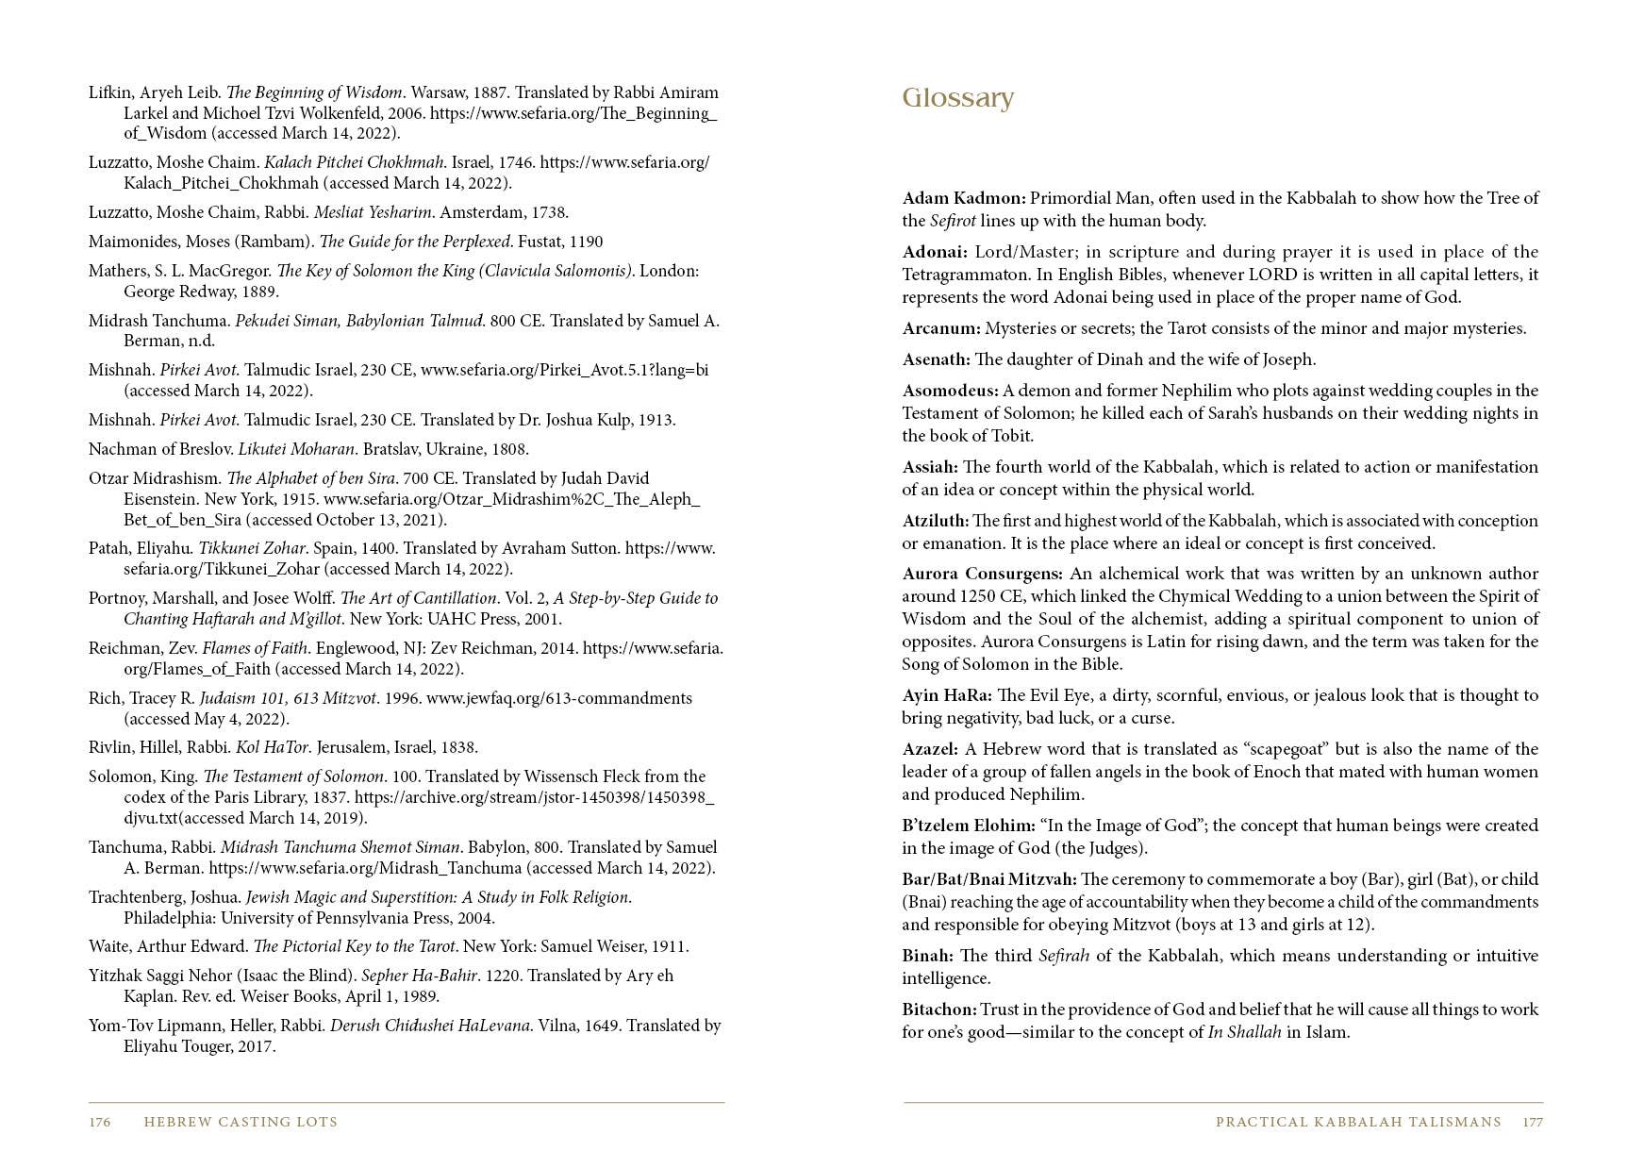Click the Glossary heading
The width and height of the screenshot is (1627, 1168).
point(957,98)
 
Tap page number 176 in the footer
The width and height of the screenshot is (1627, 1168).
point(100,1122)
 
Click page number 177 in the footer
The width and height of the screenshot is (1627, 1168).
point(1533,1122)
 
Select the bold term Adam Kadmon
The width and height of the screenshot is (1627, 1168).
point(963,198)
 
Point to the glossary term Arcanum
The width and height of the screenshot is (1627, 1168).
point(940,328)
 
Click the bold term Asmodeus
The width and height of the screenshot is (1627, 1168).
point(950,391)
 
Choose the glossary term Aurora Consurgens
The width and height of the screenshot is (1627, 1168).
point(982,574)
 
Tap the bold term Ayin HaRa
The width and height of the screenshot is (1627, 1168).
point(946,695)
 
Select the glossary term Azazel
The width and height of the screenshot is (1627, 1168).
point(930,749)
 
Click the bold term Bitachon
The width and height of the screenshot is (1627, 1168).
point(938,1009)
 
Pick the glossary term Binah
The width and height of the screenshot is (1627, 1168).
point(927,956)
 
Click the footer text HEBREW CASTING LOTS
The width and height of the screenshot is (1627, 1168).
point(241,1122)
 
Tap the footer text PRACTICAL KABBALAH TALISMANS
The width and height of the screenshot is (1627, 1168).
point(1358,1122)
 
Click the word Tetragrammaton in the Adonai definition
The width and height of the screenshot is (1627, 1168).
point(956,275)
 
